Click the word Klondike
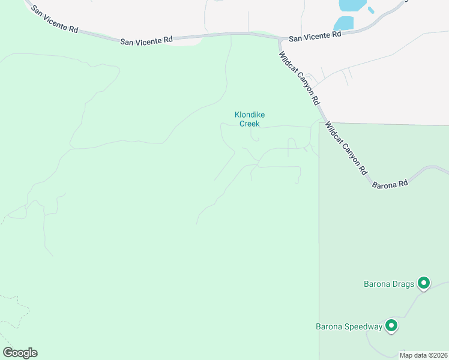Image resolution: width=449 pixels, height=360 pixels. click(249, 115)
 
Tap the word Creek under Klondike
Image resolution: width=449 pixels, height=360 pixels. click(249, 124)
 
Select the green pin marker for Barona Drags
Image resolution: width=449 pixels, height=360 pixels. click(424, 282)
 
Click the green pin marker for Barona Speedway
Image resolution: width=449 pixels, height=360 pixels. click(391, 326)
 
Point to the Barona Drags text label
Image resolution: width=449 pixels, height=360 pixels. click(389, 284)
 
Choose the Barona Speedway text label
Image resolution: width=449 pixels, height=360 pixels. click(349, 327)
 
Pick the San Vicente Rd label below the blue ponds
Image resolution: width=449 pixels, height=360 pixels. click(315, 36)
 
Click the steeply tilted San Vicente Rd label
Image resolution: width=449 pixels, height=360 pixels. click(54, 20)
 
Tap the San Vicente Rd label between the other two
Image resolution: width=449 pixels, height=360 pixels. click(146, 40)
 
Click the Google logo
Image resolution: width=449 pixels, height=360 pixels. click(20, 353)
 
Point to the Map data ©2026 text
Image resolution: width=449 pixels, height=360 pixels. click(423, 355)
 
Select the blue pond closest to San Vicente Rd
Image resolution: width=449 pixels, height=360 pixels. click(344, 23)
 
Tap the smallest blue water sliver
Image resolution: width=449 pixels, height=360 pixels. click(371, 10)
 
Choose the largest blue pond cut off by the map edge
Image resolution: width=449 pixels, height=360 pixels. click(352, 5)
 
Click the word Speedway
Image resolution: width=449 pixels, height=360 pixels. click(361, 327)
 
